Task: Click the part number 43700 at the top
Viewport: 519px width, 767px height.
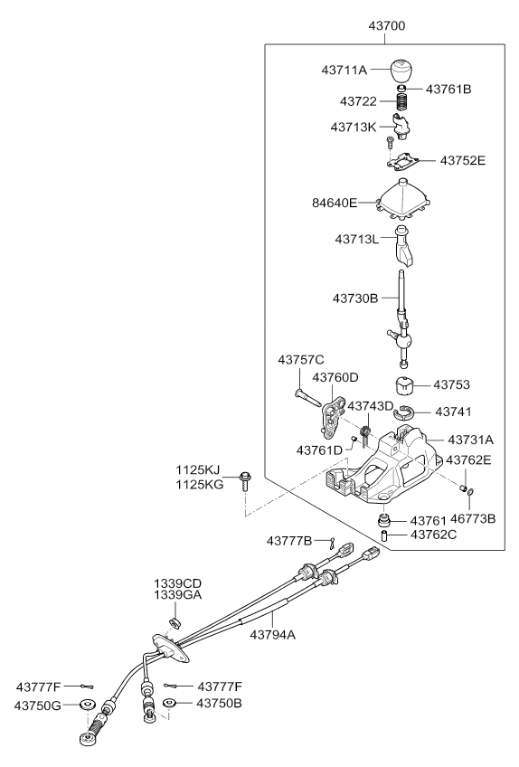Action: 386,25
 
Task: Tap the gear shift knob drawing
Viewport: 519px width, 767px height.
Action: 401,71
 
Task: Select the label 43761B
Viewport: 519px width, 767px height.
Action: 448,90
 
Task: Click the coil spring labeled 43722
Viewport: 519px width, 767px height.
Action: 402,101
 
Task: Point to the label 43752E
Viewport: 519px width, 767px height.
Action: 463,161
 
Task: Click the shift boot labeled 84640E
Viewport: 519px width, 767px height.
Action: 403,201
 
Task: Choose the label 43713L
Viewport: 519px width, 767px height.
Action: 356,240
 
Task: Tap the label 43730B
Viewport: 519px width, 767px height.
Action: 355,298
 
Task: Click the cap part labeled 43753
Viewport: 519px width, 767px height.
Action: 404,385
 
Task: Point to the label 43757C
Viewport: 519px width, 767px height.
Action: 301,360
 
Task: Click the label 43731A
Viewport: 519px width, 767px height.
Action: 470,440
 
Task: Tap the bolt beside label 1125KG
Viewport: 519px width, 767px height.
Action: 244,481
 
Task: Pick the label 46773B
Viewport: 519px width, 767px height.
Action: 473,518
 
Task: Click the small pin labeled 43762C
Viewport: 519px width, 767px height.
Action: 384,535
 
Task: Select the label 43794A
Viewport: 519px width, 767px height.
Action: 272,635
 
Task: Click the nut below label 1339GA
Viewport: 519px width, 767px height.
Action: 175,621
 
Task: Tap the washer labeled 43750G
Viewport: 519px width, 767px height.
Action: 88,705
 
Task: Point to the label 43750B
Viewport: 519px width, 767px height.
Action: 219,704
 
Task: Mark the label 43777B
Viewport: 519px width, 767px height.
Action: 289,541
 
